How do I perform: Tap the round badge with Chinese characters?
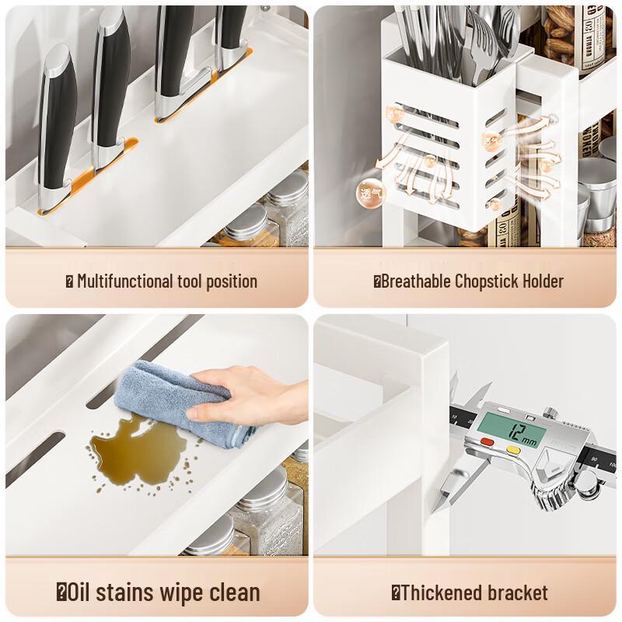[367, 191]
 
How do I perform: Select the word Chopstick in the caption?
[491, 281]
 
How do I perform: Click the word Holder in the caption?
[543, 281]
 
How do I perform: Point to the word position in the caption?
[231, 281]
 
